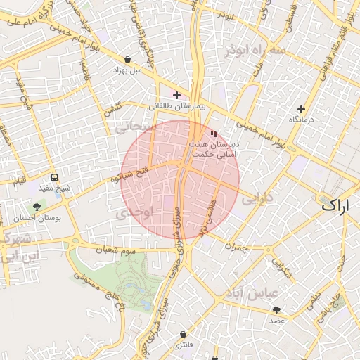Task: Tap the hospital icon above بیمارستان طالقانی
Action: point(176,95)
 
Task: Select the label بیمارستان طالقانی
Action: point(176,106)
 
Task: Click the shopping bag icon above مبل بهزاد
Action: point(127,59)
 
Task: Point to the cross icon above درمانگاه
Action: point(302,109)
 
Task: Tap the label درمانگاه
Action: point(302,120)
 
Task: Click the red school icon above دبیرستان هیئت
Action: point(214,134)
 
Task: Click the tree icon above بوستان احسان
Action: point(37,207)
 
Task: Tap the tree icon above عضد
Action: point(276,309)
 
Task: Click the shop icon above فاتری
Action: point(184,334)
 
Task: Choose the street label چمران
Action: point(237,246)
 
